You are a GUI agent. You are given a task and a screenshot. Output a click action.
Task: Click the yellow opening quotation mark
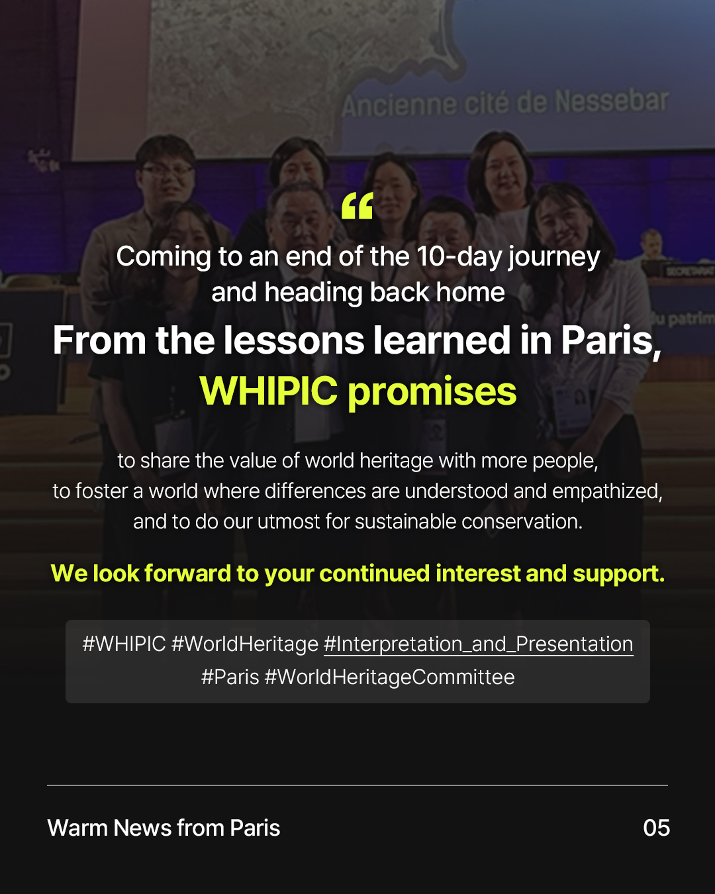coord(357,205)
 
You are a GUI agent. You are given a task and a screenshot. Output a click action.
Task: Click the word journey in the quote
coord(554,258)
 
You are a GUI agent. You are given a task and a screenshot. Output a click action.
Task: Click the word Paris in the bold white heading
coord(611,340)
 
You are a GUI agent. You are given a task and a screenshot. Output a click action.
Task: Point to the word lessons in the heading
coord(294,340)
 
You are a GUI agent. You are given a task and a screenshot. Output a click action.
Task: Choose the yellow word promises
coord(432,393)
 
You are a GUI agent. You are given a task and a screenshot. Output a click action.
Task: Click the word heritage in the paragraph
coord(396,461)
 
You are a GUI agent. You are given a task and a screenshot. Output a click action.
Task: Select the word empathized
coord(607,491)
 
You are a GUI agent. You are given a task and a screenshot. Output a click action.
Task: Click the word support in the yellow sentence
coord(618,574)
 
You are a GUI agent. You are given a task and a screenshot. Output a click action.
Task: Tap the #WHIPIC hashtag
coord(124,644)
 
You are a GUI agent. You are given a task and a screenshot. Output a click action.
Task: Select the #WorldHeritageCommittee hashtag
coord(389,677)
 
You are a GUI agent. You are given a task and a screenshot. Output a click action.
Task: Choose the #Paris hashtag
coord(230,677)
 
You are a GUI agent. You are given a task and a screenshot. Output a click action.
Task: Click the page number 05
coord(657,828)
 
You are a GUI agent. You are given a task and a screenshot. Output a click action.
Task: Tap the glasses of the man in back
coord(167,170)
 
